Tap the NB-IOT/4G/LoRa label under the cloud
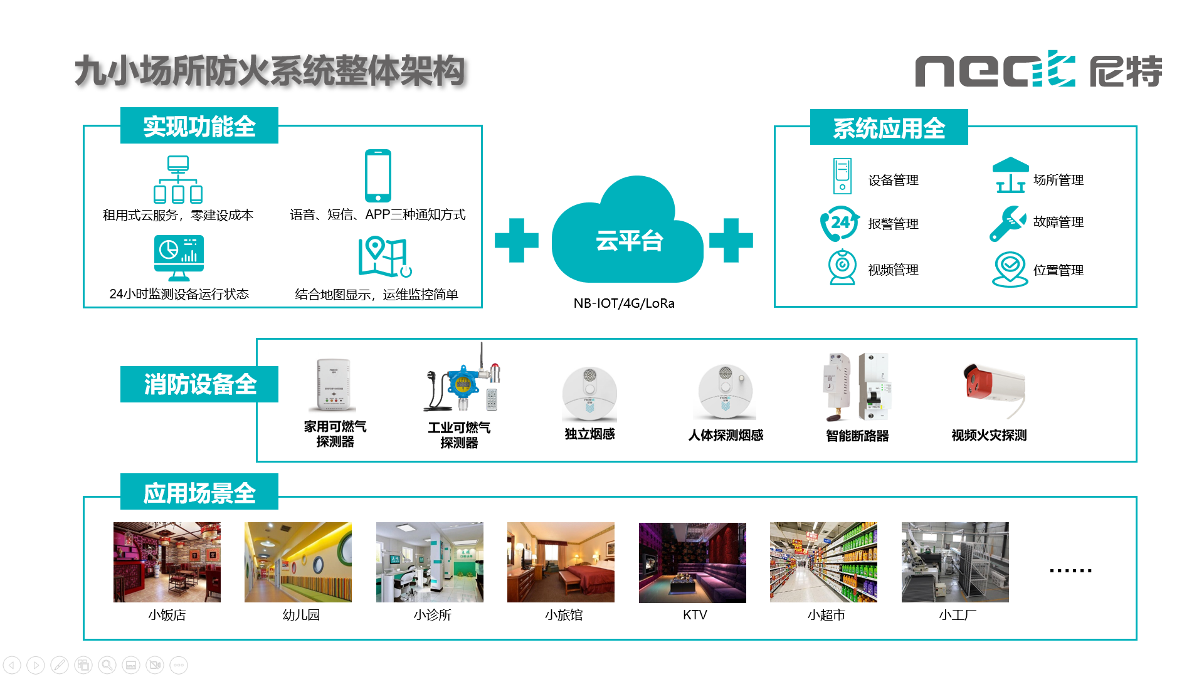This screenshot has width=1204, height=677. coord(624,303)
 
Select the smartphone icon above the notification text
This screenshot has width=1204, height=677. coord(378,176)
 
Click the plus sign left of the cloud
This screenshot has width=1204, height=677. coord(517,240)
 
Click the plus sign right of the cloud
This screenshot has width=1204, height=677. coord(731,240)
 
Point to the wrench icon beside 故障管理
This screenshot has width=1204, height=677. coord(1007,223)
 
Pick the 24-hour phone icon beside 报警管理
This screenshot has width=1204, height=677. coord(840,223)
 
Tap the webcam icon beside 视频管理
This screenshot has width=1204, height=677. coord(842,268)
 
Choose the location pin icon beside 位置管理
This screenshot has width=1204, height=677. coord(1010,269)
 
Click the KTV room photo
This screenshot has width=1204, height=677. coord(692,562)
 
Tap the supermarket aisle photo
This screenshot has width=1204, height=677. coord(823,562)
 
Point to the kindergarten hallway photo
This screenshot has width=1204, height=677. coord(298,562)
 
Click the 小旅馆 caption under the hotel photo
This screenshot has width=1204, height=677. coord(564,615)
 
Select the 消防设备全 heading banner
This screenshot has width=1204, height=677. coord(199,384)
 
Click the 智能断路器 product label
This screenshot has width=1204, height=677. coord(857,436)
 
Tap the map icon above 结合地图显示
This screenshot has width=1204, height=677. coord(384,257)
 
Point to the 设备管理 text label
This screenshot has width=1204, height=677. coord(893,181)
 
